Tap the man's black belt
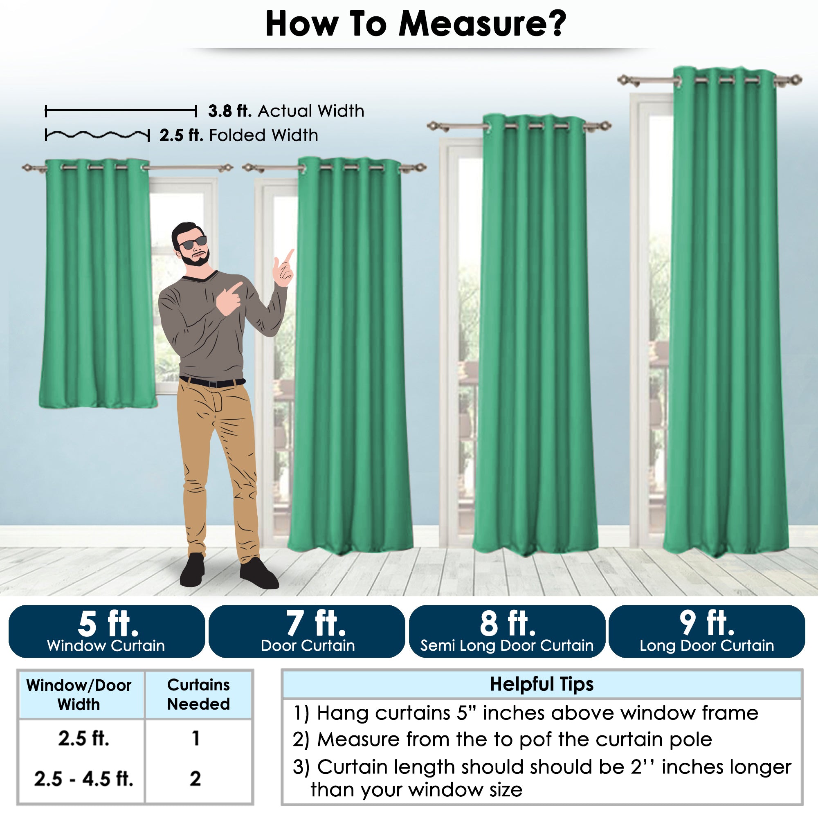tap(212, 382)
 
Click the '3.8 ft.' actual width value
tap(230, 111)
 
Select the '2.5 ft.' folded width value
tap(181, 135)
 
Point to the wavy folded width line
tap(97, 135)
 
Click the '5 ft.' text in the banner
tap(108, 624)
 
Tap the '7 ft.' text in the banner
tap(316, 624)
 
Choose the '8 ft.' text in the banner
tap(508, 624)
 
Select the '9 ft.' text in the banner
tap(707, 624)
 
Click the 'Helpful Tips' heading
tap(542, 685)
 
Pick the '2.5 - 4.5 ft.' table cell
tap(84, 779)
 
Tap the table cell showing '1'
tap(196, 738)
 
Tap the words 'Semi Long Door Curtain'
tap(507, 646)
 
